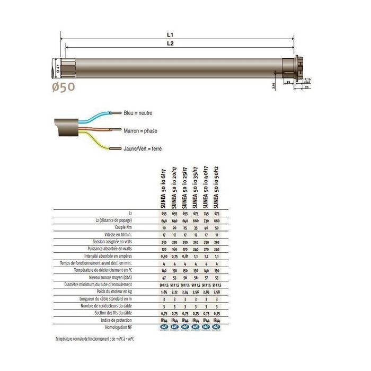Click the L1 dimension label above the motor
(169, 35)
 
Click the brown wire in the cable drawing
(95, 129)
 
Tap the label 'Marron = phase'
(140, 131)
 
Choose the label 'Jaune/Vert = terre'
(142, 149)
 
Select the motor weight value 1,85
(164, 292)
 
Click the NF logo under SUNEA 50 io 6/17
(164, 328)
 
